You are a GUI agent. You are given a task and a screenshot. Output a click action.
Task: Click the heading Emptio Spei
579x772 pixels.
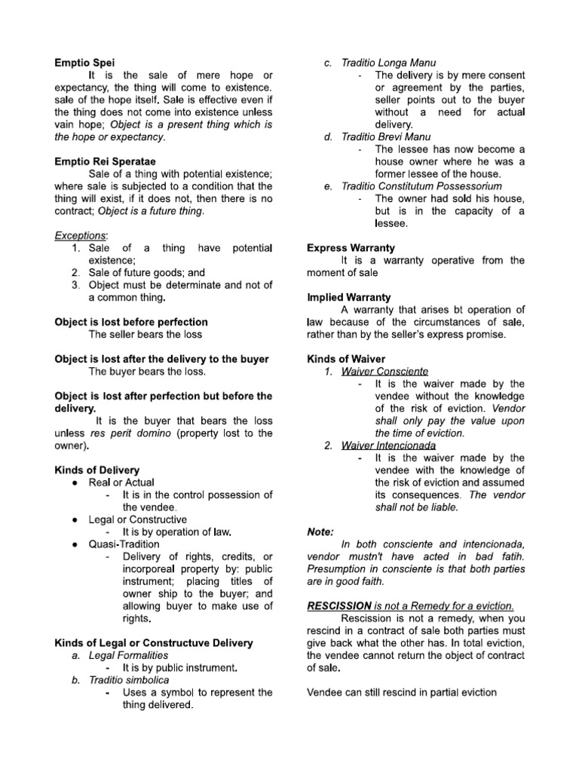tap(85, 63)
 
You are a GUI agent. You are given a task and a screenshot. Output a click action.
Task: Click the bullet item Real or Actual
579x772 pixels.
tap(121, 482)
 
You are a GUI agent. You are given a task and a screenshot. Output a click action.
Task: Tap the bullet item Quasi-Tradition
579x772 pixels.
tap(124, 544)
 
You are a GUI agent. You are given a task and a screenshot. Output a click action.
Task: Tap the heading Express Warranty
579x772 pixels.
tap(351, 248)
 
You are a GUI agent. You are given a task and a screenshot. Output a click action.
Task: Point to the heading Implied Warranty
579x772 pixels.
tap(348, 298)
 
